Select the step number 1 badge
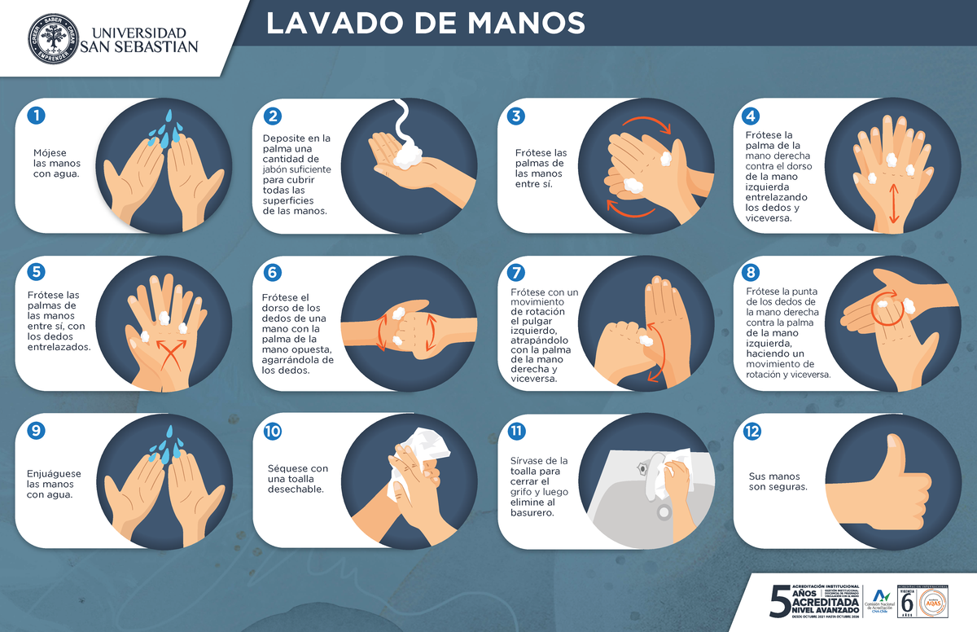[35, 116]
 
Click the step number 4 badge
[751, 116]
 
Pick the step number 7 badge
[515, 273]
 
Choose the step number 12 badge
[751, 432]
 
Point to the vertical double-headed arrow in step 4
[895, 202]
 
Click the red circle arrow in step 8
[885, 308]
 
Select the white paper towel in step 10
[425, 446]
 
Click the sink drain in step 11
[664, 512]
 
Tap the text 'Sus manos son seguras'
[778, 481]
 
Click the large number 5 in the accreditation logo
[779, 602]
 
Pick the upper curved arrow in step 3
[647, 122]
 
